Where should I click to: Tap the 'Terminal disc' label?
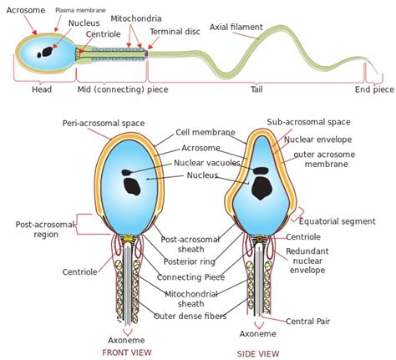174,32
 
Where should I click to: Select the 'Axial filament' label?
235,27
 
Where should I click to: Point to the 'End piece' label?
373,89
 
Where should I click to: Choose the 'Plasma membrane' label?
81,10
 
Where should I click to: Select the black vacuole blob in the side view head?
261,185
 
